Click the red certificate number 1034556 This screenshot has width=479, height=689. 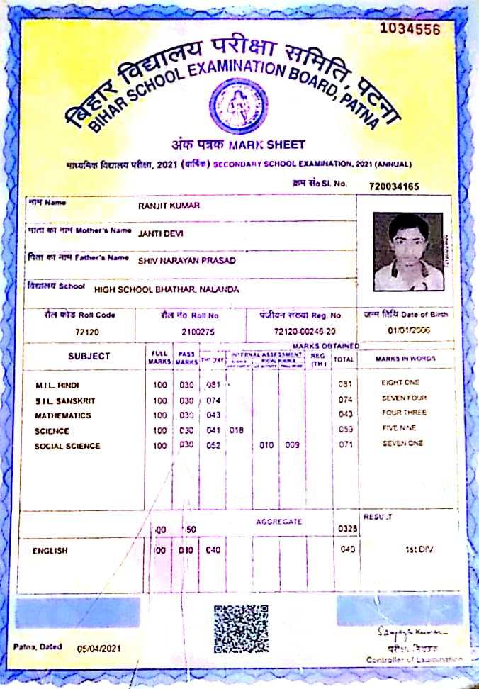click(410, 29)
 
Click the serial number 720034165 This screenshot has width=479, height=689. click(394, 186)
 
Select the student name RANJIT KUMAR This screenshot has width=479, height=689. click(169, 206)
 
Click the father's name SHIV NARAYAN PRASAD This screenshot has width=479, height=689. click(187, 260)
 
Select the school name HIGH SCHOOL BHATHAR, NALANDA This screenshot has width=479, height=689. click(167, 290)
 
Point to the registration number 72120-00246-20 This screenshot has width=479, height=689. click(295, 331)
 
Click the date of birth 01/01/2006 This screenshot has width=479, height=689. click(405, 330)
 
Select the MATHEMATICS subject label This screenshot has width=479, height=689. click(62, 415)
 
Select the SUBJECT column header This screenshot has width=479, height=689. click(89, 356)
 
